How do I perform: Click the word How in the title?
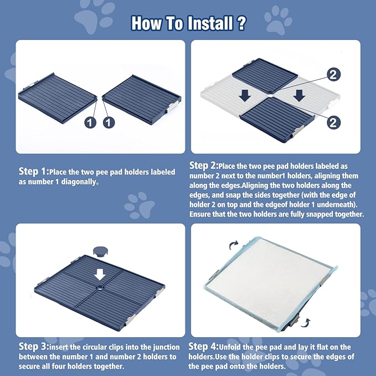click(147, 24)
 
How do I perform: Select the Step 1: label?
click(34, 172)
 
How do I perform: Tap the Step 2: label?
click(203, 166)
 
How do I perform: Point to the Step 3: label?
click(34, 347)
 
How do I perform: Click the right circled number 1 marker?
click(109, 122)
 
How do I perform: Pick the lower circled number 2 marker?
click(333, 123)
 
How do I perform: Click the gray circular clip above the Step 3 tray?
click(100, 252)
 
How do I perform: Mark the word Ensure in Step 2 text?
click(202, 214)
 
